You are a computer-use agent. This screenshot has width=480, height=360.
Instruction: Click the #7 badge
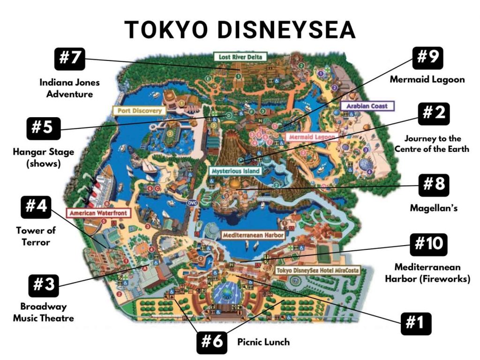70,59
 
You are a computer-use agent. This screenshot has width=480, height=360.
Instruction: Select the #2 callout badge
433,113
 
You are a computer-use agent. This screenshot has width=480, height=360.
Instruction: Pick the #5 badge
44,127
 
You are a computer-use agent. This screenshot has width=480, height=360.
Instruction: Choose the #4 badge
37,207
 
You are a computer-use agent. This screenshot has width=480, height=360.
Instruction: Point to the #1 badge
416,323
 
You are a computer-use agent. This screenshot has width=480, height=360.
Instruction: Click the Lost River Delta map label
240,57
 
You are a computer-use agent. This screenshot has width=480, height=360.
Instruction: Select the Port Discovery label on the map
139,111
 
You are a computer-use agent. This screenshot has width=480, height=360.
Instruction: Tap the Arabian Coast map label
367,106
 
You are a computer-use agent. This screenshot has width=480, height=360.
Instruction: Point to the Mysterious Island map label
235,171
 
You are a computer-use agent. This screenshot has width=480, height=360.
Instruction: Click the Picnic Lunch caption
263,342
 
